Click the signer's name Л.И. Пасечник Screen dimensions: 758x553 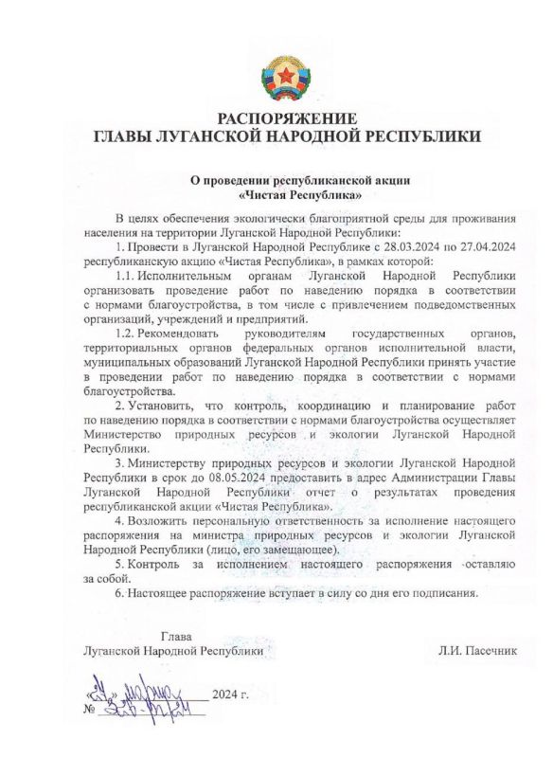tap(478, 652)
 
